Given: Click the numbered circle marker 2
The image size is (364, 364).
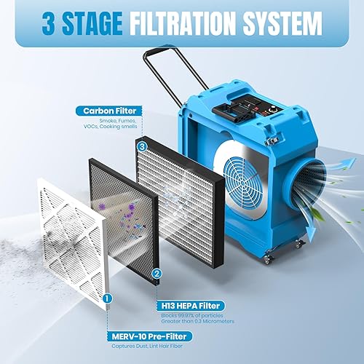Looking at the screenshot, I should [x=157, y=274].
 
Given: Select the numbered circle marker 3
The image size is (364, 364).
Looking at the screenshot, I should [x=142, y=146].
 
